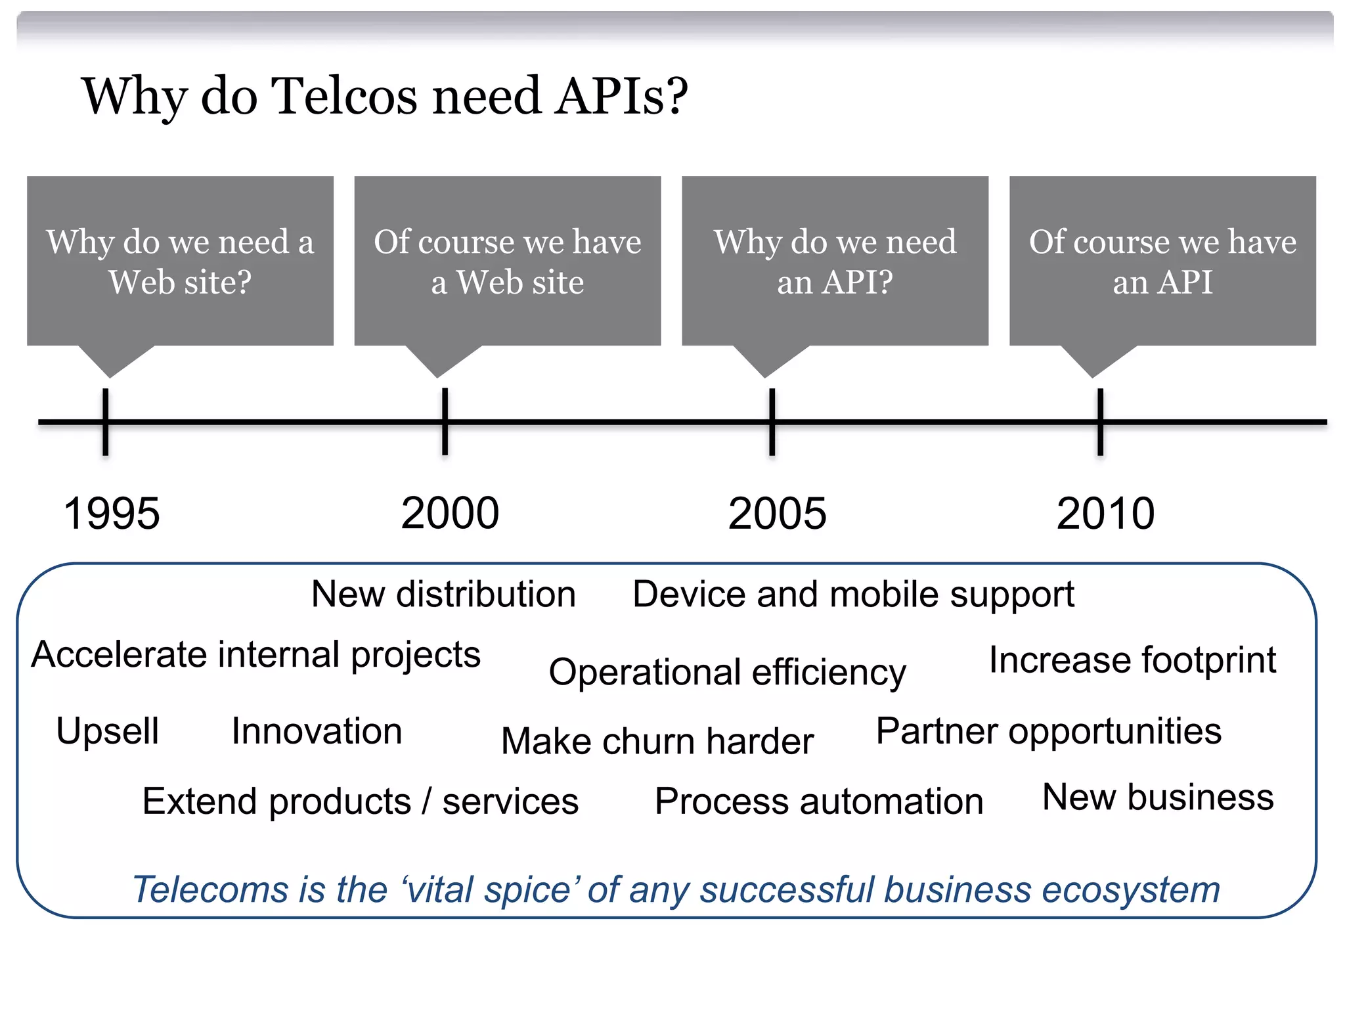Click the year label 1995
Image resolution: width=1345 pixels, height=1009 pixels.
click(112, 514)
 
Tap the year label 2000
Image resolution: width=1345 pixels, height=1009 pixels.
click(450, 514)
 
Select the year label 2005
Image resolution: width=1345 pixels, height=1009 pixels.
click(777, 514)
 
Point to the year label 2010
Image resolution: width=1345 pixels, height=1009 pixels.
click(1105, 514)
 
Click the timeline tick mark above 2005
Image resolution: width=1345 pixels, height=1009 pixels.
click(772, 422)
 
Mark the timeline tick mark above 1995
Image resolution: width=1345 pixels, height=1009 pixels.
click(105, 422)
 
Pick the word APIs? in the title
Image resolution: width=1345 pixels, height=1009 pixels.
click(621, 97)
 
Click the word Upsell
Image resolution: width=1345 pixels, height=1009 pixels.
click(108, 731)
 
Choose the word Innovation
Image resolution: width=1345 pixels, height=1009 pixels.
click(317, 731)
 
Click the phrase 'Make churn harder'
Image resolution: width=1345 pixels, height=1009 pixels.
click(657, 742)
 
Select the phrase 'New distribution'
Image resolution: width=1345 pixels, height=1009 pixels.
click(443, 594)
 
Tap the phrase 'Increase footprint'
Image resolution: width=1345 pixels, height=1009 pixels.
click(1132, 660)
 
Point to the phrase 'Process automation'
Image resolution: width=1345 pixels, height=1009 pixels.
click(819, 802)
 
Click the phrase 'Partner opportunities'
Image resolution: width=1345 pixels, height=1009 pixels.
click(1049, 731)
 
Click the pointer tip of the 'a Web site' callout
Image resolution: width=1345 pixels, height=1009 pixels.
click(437, 376)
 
